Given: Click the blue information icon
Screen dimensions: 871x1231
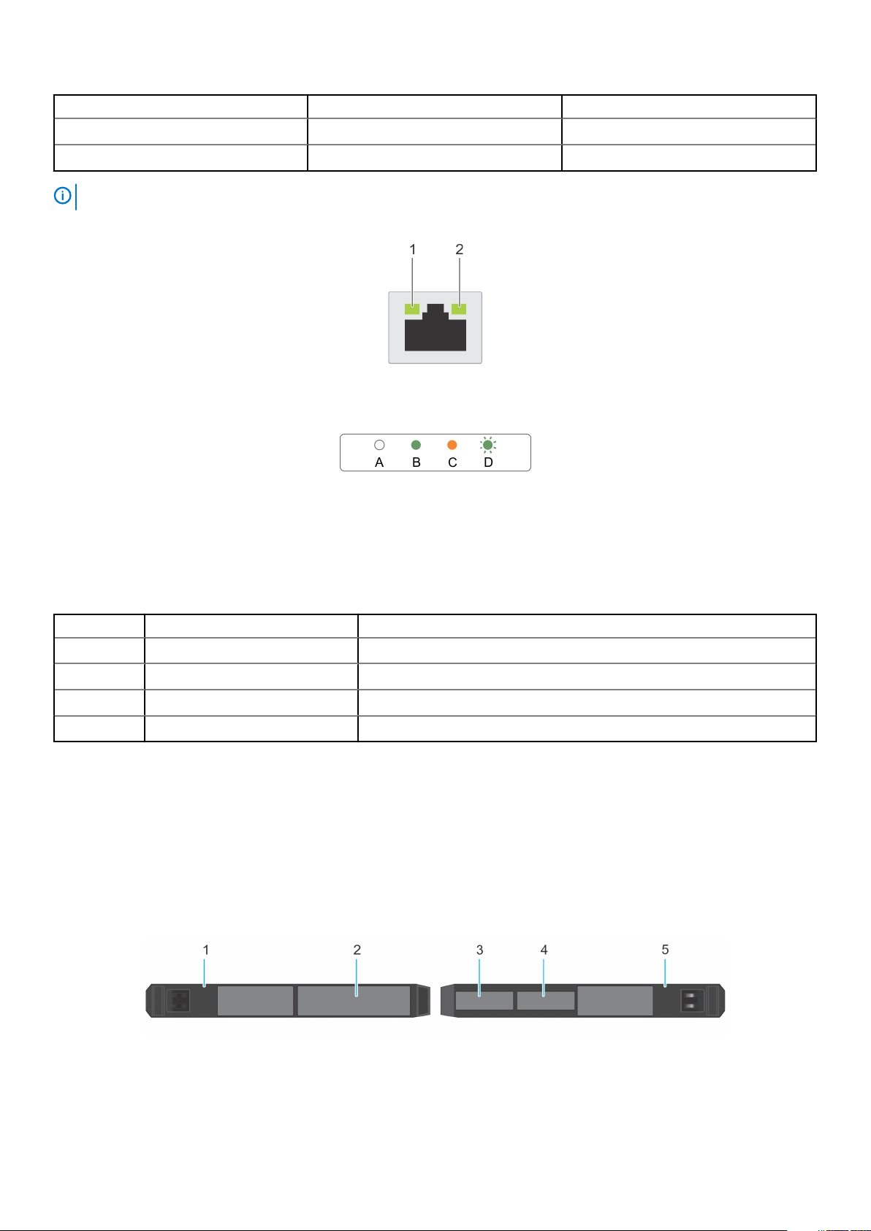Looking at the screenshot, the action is tap(63, 196).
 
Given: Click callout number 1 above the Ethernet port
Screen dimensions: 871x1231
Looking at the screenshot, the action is tap(413, 250).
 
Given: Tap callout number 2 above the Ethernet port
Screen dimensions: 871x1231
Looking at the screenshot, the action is tap(460, 250).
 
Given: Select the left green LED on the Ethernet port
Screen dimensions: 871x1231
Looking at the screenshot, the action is tap(412, 309).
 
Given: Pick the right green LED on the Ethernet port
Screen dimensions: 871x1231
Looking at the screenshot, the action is tap(459, 309).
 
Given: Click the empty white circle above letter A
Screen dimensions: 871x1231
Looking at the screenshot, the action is tap(379, 445).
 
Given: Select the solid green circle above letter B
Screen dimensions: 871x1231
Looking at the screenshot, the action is tap(416, 445).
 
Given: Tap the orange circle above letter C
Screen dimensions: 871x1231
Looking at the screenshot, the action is tap(452, 445).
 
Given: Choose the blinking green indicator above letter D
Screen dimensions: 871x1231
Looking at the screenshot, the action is tap(488, 445).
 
